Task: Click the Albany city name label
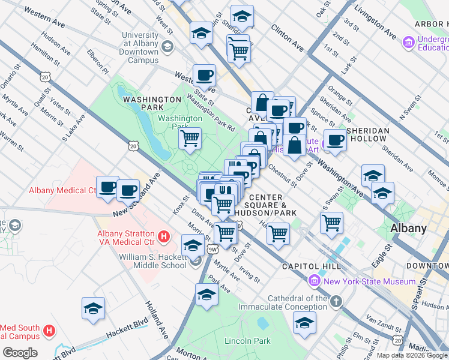point(408,228)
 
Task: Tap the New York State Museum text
point(369,281)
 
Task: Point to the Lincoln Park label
point(247,341)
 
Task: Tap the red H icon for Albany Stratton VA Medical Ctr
point(163,237)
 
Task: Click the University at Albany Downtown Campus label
point(140,47)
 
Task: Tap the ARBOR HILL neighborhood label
point(431,24)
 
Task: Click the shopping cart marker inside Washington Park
point(190,138)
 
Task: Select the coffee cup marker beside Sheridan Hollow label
point(335,140)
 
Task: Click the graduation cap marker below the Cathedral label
point(304,322)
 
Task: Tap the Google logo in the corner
point(20,353)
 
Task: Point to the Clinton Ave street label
point(288,36)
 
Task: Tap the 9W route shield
point(212,248)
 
